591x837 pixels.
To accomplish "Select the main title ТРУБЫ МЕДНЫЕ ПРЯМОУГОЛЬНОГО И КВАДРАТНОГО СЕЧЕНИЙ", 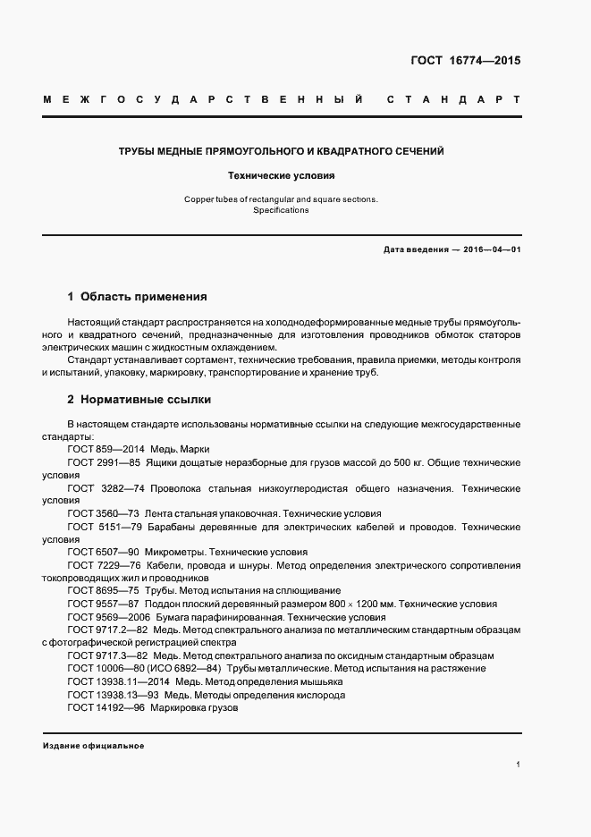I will [x=282, y=151].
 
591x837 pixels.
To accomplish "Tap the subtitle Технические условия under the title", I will [x=282, y=177].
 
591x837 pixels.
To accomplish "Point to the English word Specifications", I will [x=281, y=210].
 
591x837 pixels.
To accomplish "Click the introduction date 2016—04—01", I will [x=491, y=249].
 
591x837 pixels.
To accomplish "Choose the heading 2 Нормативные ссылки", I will [x=139, y=399].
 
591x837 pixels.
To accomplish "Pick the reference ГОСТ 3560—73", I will [x=101, y=514].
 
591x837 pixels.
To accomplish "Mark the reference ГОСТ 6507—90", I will [x=101, y=553].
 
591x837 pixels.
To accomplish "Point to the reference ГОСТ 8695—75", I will [x=101, y=591].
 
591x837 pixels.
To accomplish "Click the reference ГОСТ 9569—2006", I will [x=106, y=617].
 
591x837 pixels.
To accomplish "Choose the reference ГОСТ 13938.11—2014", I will [x=114, y=681].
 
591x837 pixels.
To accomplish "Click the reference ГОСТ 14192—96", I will [x=104, y=707].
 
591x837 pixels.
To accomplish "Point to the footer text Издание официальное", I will [x=93, y=746].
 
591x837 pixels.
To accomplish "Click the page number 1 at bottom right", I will [x=518, y=765].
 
